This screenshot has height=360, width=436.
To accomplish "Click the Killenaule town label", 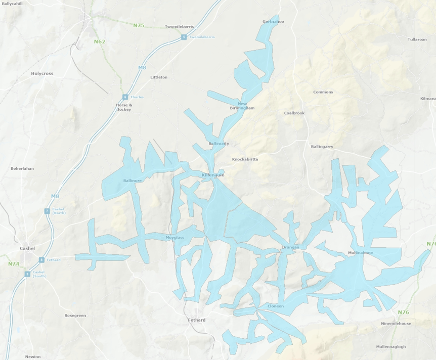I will [x=212, y=175].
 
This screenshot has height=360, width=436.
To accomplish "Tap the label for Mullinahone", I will [x=361, y=252].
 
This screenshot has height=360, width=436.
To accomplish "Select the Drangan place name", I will [x=291, y=247].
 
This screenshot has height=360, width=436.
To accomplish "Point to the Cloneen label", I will [x=275, y=306].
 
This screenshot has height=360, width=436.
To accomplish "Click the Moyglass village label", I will [x=175, y=237].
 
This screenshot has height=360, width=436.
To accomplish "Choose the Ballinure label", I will [x=133, y=181].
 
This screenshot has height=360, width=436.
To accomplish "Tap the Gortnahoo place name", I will [x=273, y=22].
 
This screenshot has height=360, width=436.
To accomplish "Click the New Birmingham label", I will [x=242, y=106].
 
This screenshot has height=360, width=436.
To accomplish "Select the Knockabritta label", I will [x=245, y=159].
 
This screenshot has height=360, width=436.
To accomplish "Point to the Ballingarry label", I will [x=322, y=147].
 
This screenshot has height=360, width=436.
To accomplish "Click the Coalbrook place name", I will [x=294, y=113].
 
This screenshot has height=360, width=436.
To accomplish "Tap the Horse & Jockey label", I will [x=124, y=107].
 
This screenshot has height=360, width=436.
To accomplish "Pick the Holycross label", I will [x=42, y=73].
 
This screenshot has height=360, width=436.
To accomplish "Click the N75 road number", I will [x=139, y=25].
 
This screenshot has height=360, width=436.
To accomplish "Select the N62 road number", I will [x=99, y=41].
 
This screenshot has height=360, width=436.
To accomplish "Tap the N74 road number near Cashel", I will [x=13, y=264].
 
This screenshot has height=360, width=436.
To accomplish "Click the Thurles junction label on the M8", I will [x=137, y=97].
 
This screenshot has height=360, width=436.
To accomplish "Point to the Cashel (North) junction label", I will [x=59, y=211].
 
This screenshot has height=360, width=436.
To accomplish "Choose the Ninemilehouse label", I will [x=396, y=324].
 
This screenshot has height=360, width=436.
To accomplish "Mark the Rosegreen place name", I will [x=75, y=316].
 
